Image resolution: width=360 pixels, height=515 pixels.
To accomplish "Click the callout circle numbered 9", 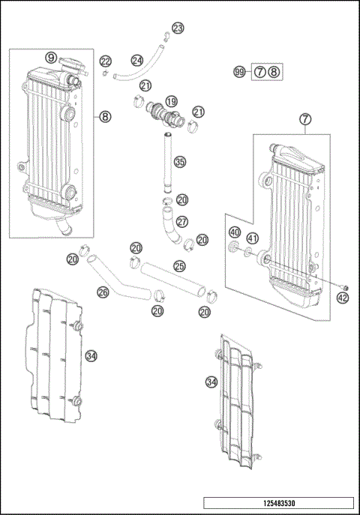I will pos(51,58).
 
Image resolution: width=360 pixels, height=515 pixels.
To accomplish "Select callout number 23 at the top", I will pos(177,28).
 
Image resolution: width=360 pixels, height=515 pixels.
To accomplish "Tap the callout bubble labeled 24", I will pos(136,60).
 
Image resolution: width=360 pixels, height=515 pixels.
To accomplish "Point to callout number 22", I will pos(105,61).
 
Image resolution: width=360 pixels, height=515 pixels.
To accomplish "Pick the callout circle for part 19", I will pos(171,101).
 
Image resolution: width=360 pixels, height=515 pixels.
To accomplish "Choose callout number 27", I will pos(182,222).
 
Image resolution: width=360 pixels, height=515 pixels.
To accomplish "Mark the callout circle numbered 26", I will pos(103,292).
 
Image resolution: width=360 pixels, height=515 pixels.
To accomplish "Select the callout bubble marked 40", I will pos(235,232).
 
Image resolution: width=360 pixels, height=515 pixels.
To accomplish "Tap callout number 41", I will pos(253,238).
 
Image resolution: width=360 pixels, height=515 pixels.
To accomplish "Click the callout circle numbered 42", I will pos(343,297).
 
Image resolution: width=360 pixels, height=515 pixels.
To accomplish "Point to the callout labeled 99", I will pos(239,72).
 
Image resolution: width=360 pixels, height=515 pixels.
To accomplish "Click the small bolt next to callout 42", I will pos(343,285).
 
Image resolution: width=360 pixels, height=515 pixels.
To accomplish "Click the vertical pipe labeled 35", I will pos(166,161).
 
